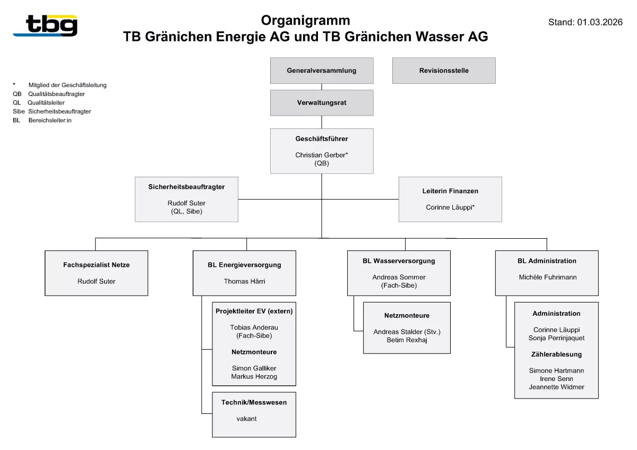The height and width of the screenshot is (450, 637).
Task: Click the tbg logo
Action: (46, 25)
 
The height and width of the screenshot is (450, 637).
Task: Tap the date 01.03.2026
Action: (600, 22)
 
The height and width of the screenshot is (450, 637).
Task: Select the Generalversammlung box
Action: (321, 71)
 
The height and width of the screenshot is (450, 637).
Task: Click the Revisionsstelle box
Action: (443, 71)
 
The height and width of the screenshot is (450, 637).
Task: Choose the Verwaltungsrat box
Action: (321, 103)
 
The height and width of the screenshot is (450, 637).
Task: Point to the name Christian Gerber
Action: (321, 155)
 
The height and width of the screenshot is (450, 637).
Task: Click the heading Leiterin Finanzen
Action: (450, 191)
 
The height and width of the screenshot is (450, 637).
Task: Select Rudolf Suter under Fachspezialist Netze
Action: (96, 281)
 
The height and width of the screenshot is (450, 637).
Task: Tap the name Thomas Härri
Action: (244, 281)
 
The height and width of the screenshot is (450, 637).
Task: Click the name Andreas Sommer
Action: (399, 277)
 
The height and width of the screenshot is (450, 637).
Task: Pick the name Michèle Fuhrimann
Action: (547, 277)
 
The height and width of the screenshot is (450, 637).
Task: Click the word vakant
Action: (246, 419)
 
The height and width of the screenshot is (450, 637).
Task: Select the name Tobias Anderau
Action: (254, 327)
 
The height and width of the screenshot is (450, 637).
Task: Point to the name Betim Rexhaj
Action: (407, 340)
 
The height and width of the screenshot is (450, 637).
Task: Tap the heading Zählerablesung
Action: (556, 354)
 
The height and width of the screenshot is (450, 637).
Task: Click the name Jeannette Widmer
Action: (556, 387)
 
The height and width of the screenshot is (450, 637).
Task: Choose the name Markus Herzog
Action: (254, 376)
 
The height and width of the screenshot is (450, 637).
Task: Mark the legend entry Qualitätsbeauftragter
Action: (56, 94)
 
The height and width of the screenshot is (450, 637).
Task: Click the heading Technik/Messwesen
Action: (254, 402)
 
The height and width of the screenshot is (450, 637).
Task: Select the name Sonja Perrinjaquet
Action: (556, 338)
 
